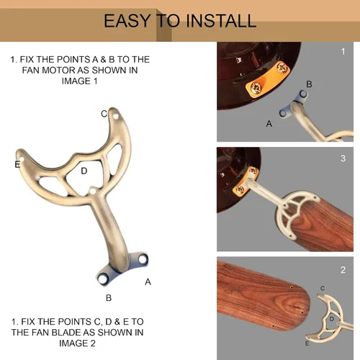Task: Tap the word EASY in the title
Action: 127,21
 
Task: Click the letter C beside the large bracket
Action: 104,114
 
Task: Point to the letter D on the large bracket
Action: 84,171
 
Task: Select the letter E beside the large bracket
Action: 17,164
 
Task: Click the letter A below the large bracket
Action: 148,282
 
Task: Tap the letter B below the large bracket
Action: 109,298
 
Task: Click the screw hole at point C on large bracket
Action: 116,117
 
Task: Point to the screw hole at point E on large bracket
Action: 21,159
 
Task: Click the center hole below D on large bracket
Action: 93,192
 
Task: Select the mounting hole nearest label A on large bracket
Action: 143,259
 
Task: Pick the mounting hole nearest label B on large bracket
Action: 103,279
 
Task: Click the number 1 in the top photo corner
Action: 343,51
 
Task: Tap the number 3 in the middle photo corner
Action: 343,158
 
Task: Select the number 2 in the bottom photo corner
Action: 343,270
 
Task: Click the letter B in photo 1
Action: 309,84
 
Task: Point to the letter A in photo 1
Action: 269,124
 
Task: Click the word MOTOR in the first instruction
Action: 58,71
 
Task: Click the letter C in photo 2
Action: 323,288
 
